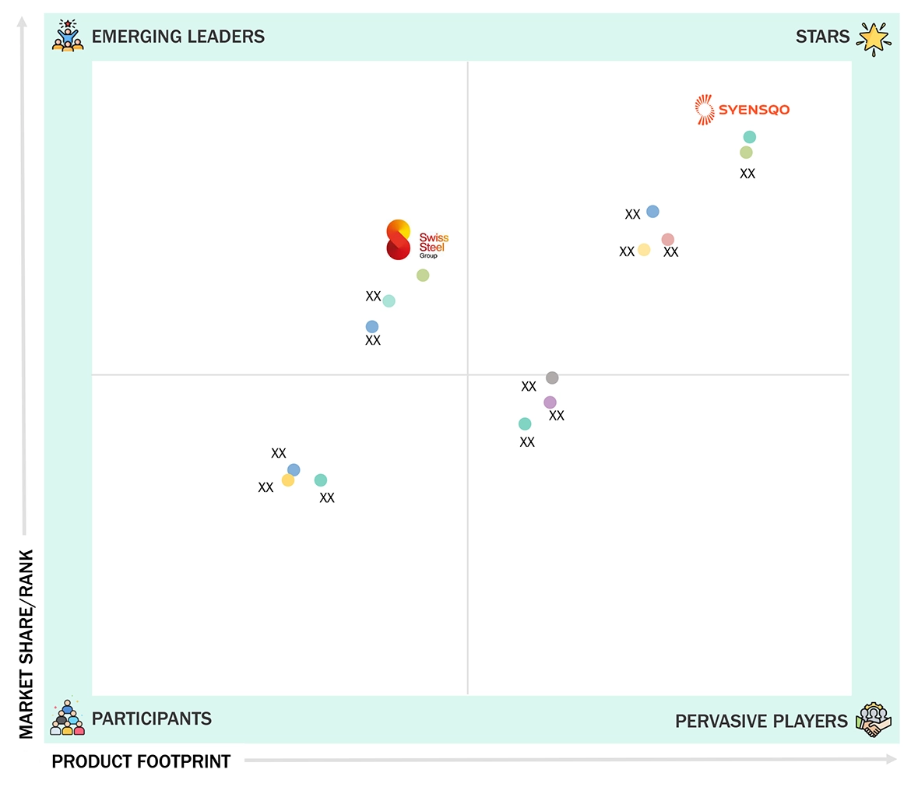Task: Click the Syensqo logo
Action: tap(741, 110)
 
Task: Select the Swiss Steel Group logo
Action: tap(417, 240)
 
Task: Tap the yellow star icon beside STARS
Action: tap(873, 38)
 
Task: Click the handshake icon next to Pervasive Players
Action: tap(873, 721)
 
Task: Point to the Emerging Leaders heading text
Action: tap(178, 37)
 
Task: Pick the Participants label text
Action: tap(151, 718)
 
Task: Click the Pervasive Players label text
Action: tap(761, 722)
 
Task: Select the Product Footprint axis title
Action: tap(141, 761)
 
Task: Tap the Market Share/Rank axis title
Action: tap(27, 644)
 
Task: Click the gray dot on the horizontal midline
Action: tap(552, 378)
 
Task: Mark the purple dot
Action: tap(550, 402)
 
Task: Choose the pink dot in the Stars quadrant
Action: tap(667, 240)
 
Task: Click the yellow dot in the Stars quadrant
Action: tap(644, 250)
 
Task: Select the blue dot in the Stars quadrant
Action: tap(652, 212)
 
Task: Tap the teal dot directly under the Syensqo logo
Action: tap(749, 138)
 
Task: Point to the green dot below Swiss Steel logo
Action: tap(423, 276)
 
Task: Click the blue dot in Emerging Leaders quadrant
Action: tap(372, 327)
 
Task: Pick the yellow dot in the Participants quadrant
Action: tap(288, 481)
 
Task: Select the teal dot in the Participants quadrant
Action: tap(321, 480)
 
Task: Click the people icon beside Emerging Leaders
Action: tap(68, 36)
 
